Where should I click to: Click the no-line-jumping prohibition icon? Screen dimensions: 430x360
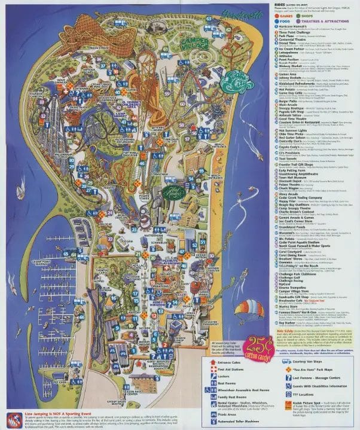[11, 417]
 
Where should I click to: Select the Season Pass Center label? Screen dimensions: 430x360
[123, 377]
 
